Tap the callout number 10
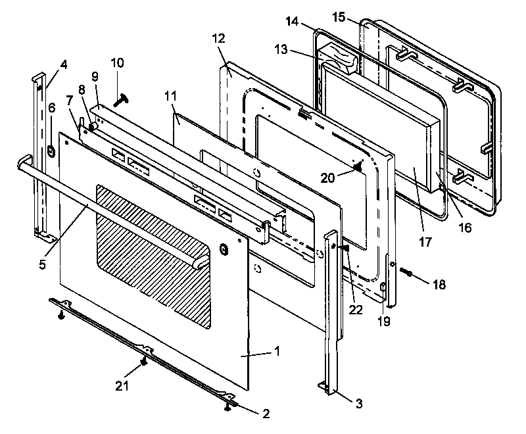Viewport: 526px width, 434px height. [117, 64]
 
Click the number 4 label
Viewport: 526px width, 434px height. [64, 64]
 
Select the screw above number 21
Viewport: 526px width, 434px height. [143, 362]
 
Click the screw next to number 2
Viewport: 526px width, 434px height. [227, 408]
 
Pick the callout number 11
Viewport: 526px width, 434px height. [170, 97]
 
